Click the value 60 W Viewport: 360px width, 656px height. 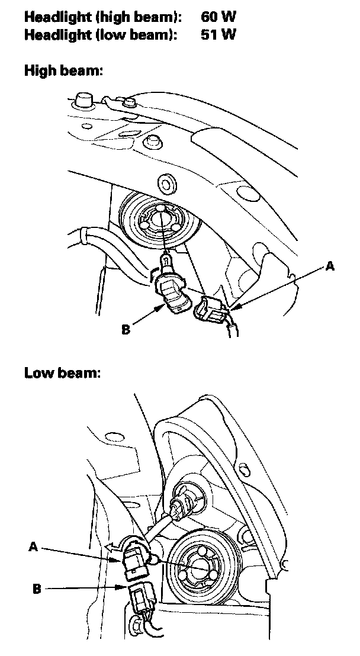click(x=218, y=18)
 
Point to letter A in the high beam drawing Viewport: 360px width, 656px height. click(x=330, y=267)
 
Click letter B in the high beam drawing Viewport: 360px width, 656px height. click(x=125, y=329)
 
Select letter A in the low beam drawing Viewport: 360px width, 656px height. click(x=34, y=548)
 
